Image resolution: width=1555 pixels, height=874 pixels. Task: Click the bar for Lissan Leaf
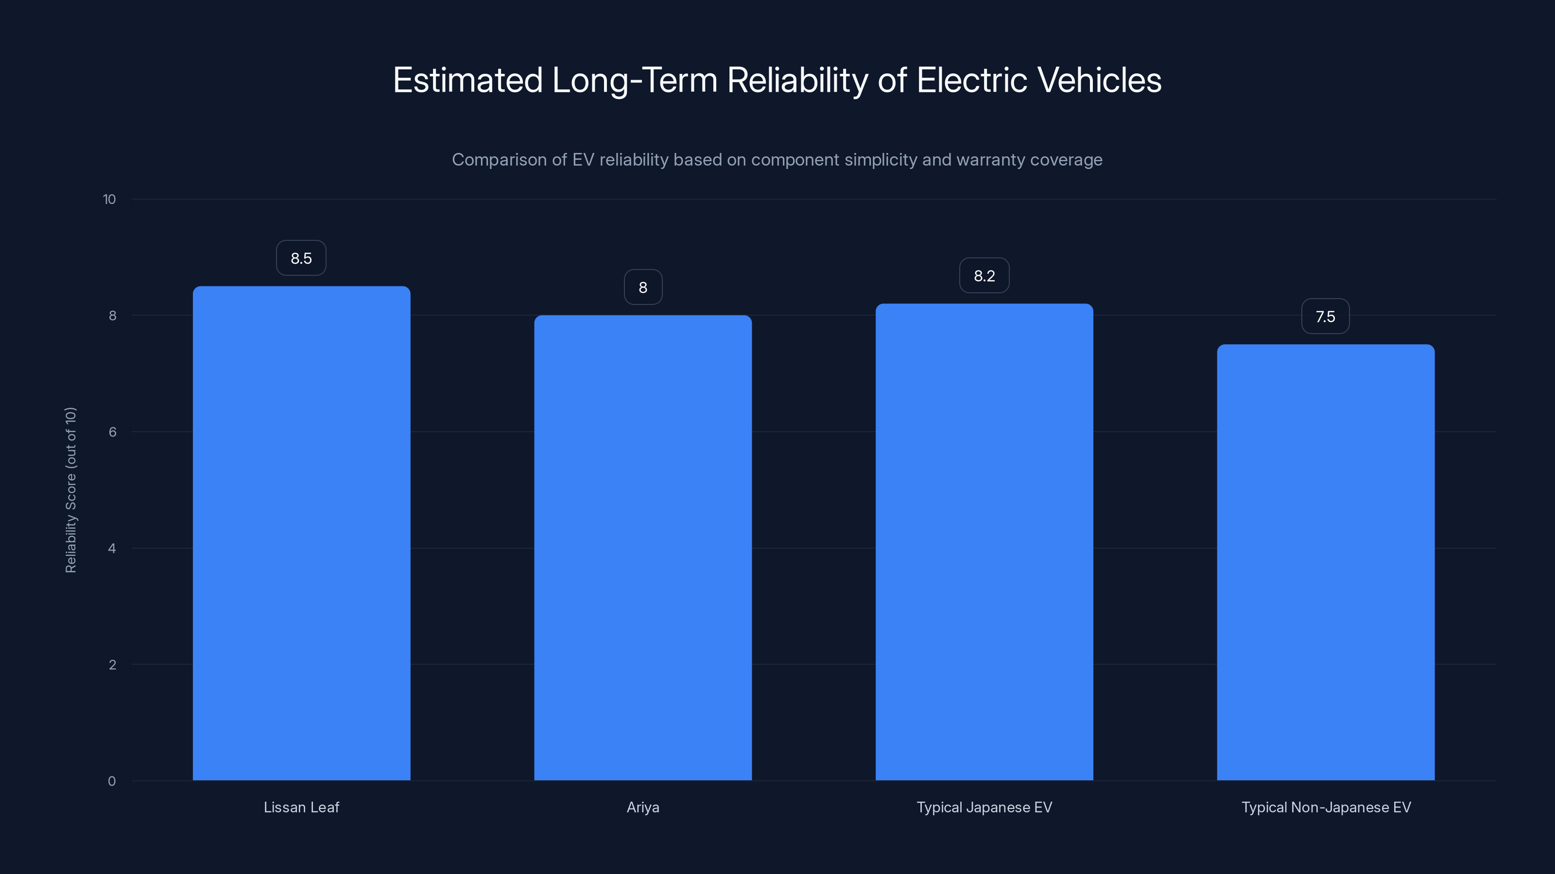(x=301, y=533)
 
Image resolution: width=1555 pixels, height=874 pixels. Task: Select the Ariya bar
(x=643, y=548)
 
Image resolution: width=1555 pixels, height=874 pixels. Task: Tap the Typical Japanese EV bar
(x=984, y=542)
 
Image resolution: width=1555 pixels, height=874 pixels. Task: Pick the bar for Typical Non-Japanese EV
(x=1326, y=562)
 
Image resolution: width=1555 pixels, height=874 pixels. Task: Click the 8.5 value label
(x=301, y=258)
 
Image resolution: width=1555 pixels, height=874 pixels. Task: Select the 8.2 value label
(x=984, y=276)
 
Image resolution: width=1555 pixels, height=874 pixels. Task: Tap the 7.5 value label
(x=1325, y=317)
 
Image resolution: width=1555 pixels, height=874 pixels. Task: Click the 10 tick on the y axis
(x=109, y=200)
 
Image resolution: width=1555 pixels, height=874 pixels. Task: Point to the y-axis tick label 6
(x=112, y=432)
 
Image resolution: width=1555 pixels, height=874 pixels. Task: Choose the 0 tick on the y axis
(x=112, y=781)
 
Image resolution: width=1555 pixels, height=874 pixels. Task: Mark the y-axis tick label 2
(x=112, y=665)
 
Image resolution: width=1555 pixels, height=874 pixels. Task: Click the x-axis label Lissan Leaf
(x=301, y=807)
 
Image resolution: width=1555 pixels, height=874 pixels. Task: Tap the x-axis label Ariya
(x=643, y=807)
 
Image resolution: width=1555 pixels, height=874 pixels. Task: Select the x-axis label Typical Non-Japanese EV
(x=1326, y=807)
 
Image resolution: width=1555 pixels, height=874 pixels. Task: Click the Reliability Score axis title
(x=70, y=490)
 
